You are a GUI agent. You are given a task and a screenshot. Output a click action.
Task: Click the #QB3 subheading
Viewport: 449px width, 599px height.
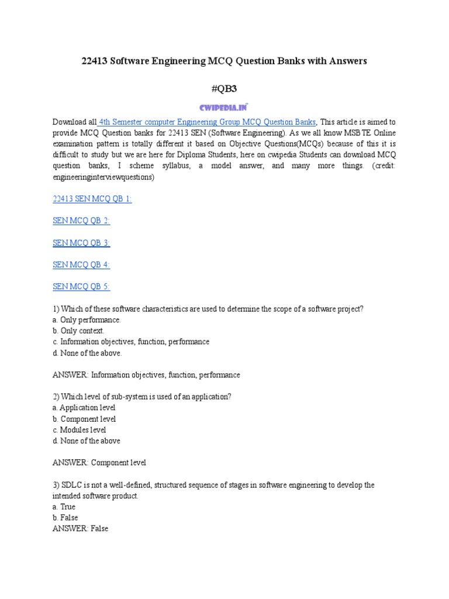coord(224,88)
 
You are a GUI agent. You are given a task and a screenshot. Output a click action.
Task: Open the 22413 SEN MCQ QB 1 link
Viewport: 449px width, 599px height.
coord(92,199)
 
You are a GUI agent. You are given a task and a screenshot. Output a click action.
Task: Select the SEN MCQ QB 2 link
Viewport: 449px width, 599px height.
coord(81,221)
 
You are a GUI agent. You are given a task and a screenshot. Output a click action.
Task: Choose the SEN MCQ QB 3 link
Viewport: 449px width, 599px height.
coord(81,243)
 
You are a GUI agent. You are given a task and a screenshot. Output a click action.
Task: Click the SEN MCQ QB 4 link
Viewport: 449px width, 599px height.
coord(81,264)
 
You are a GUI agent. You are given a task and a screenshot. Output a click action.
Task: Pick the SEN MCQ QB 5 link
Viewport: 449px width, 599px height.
coord(81,286)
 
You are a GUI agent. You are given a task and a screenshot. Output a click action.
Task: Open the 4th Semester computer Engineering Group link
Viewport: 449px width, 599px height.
coord(208,122)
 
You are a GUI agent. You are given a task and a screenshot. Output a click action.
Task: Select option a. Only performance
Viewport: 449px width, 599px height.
coord(87,320)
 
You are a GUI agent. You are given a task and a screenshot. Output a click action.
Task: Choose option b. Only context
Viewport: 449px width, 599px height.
coord(79,331)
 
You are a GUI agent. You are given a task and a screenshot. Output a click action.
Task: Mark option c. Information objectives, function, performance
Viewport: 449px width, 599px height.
coord(131,342)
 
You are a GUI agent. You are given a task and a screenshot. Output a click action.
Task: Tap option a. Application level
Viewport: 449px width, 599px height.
coord(84,408)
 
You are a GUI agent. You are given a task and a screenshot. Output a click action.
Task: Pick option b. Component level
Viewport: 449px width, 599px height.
coord(84,419)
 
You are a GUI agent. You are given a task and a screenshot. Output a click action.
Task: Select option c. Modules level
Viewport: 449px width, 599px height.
coord(80,430)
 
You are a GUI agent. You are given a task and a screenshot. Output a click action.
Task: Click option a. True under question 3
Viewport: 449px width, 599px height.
coord(64,507)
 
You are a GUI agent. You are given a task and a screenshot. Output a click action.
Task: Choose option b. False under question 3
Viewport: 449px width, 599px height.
coord(65,518)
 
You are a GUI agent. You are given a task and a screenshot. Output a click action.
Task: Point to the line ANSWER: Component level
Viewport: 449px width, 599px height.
coord(99,463)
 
